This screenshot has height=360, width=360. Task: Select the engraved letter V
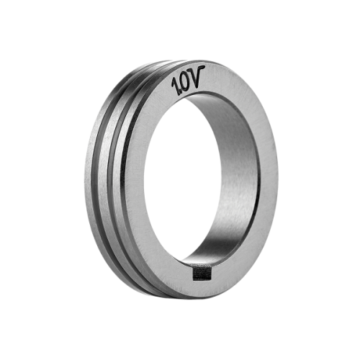coord(197,76)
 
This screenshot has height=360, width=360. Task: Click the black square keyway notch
coord(202,274)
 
